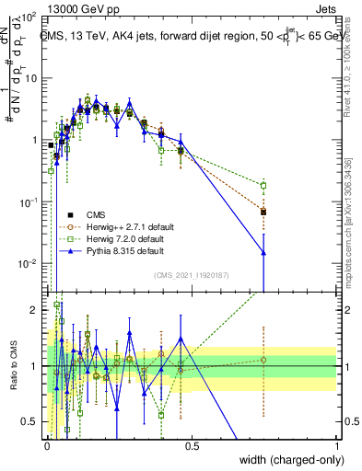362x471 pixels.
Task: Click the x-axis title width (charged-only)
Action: [x=287, y=460]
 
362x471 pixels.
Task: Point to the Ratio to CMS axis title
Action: [x=12, y=366]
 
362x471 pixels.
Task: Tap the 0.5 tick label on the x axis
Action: [x=192, y=446]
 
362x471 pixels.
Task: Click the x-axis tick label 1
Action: [x=336, y=446]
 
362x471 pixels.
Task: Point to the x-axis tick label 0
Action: [x=47, y=446]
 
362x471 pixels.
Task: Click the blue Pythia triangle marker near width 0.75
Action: [x=264, y=252]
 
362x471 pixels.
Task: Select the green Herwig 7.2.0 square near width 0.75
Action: [x=264, y=185]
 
